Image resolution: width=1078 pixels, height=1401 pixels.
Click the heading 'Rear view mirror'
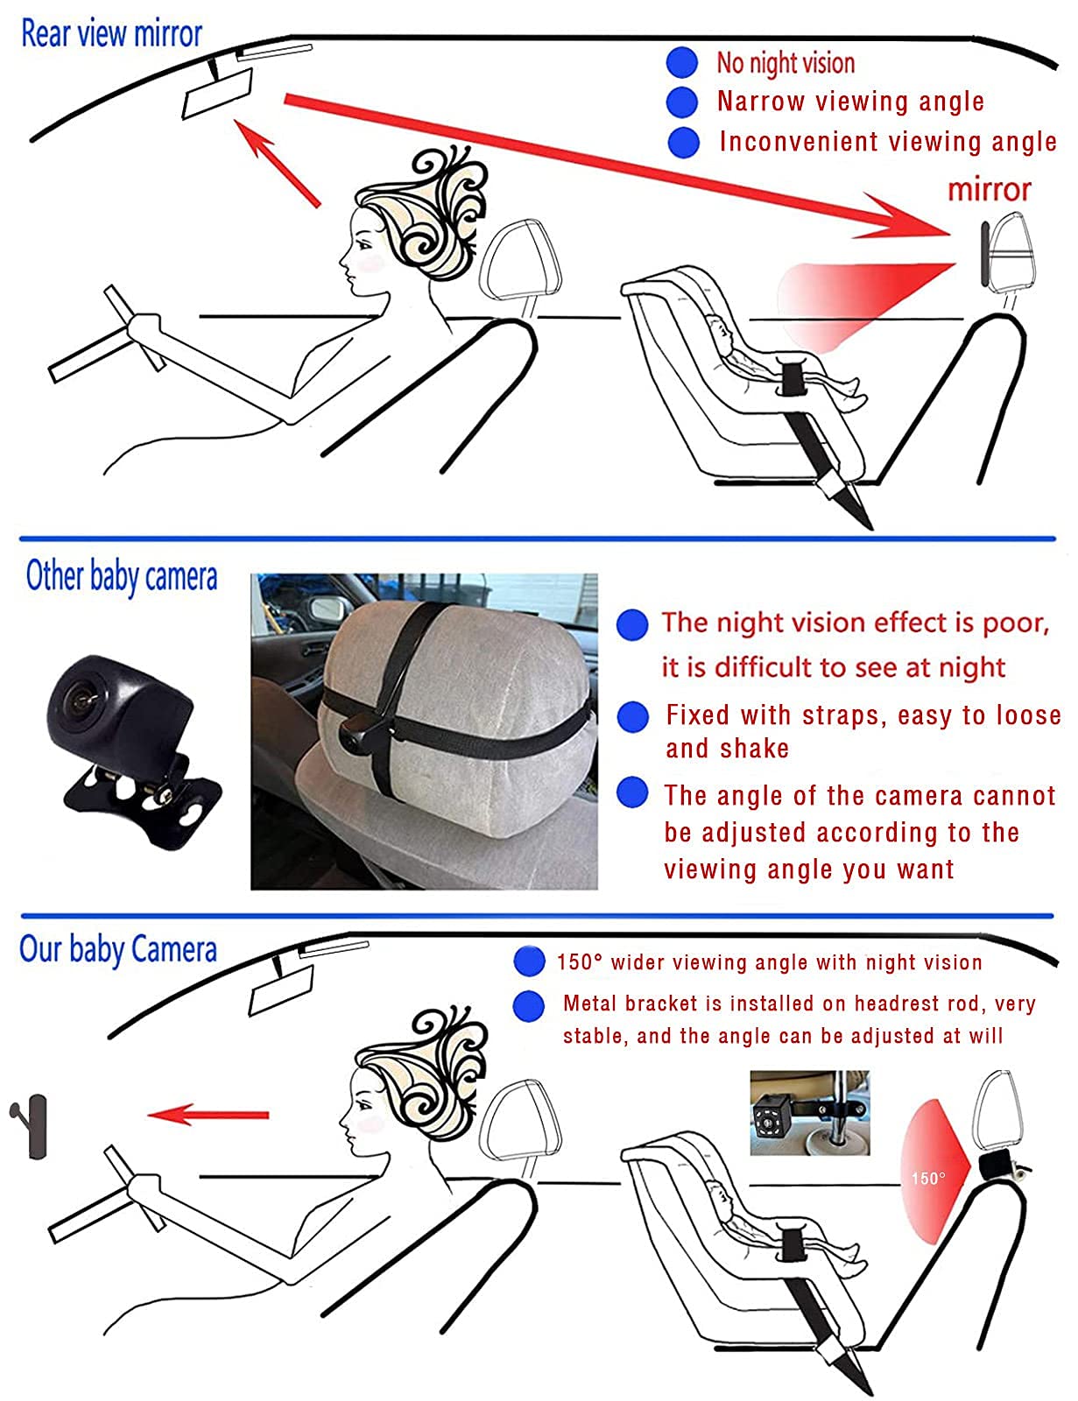111,33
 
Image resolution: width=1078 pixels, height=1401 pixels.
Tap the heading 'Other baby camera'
121,576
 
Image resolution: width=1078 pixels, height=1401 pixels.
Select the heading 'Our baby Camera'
118,950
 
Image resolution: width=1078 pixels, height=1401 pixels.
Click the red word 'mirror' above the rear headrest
989,189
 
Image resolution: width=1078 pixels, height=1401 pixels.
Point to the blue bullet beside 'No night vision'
682,62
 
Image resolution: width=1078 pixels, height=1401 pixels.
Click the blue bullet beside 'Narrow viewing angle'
682,102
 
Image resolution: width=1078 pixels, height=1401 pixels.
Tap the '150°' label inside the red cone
927,1179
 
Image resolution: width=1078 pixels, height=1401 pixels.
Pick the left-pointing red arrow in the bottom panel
208,1114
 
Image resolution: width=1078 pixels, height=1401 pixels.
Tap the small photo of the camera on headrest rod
810,1113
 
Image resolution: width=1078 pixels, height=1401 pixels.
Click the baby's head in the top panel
718,329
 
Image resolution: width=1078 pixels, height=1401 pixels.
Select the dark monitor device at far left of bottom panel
31,1126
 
